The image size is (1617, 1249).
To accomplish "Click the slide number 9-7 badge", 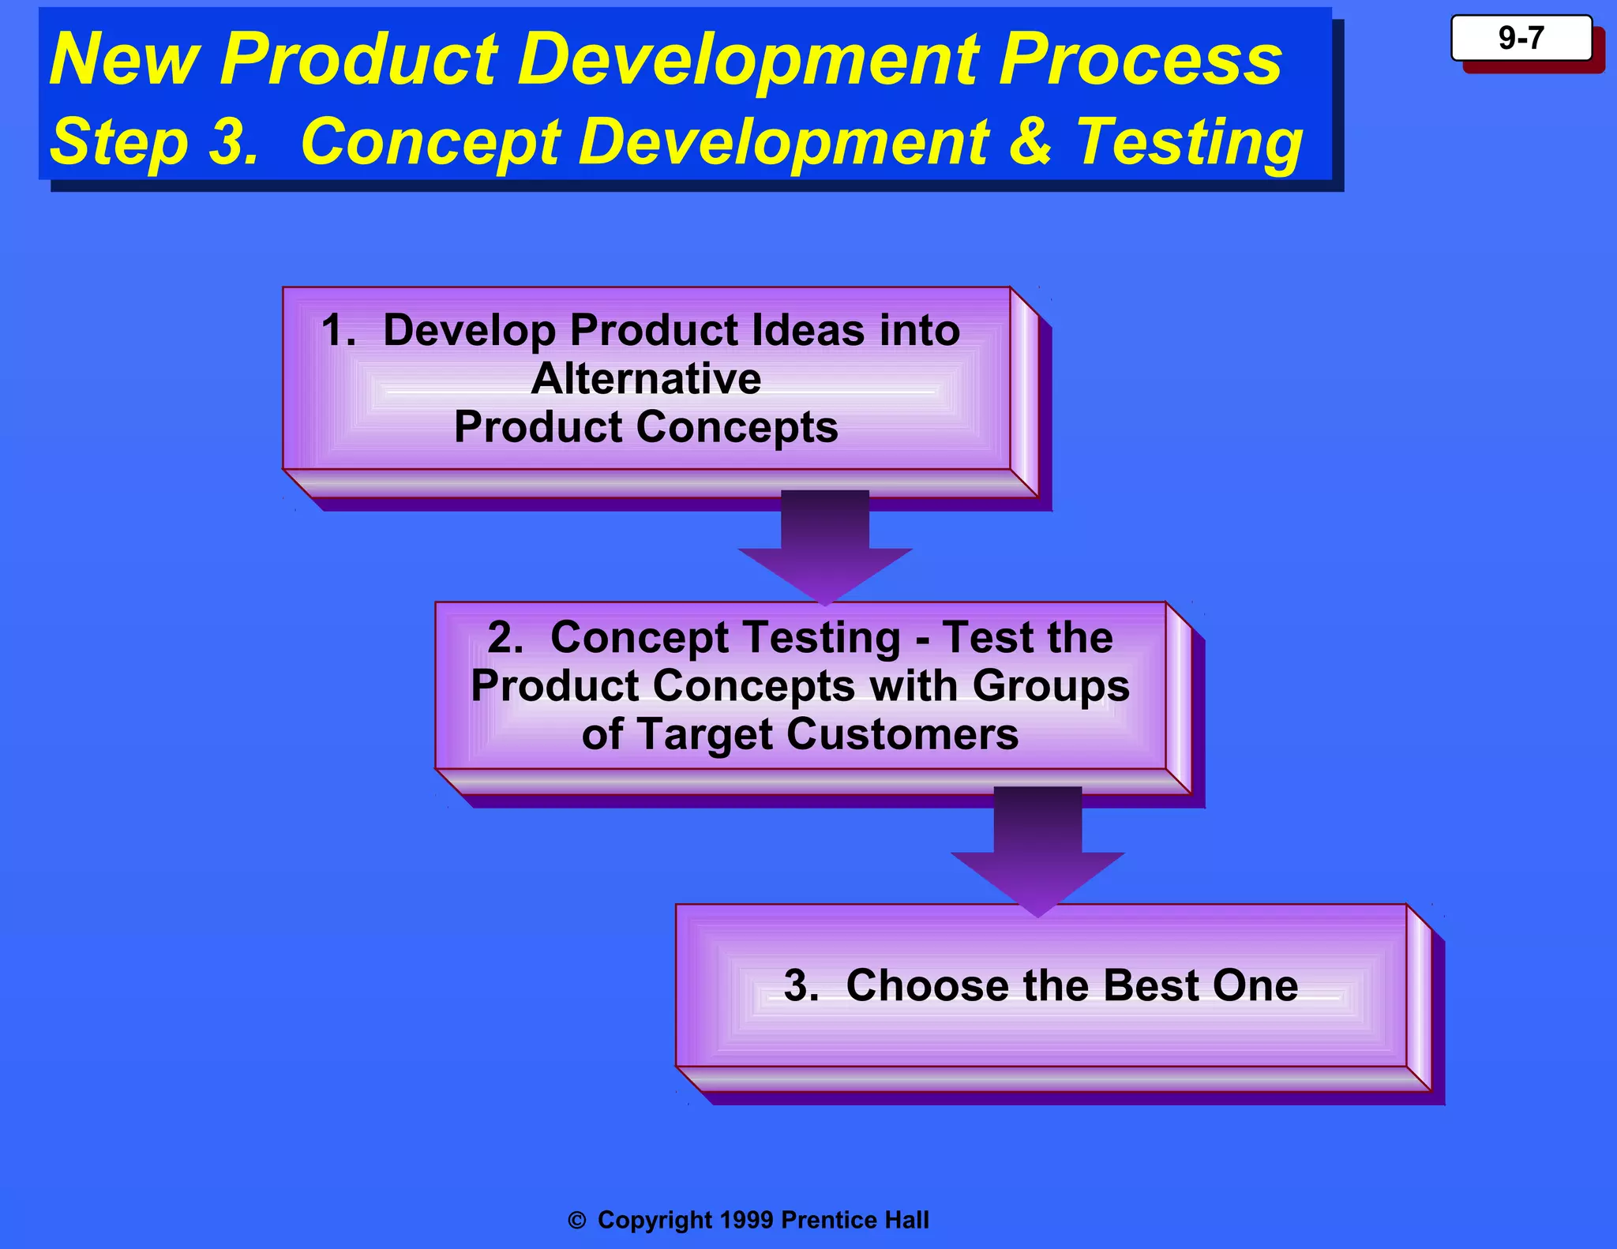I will pos(1521,38).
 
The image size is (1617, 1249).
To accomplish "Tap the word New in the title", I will pos(122,60).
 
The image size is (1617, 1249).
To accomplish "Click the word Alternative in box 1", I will pos(646,378).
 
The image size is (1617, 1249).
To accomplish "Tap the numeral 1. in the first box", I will pos(338,330).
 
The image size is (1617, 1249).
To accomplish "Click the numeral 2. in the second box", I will pos(505,637).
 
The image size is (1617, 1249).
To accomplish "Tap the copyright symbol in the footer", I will pos(577,1221).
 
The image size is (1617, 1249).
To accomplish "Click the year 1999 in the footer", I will pos(746,1220).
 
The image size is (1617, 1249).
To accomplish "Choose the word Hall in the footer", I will pos(906,1220).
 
